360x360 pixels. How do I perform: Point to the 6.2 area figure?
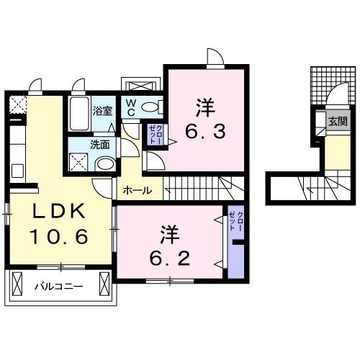point(171,255)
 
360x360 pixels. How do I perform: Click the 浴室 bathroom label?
point(103,111)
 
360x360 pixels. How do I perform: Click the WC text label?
point(131,108)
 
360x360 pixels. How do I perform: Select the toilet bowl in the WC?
point(150,107)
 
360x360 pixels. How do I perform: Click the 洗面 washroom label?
point(99,144)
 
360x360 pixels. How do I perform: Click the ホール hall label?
point(137,191)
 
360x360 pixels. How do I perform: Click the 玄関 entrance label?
point(337,122)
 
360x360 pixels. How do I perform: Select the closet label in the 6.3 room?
point(155,134)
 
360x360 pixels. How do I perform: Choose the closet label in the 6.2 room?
point(235,220)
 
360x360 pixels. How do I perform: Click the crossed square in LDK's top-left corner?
point(16,104)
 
